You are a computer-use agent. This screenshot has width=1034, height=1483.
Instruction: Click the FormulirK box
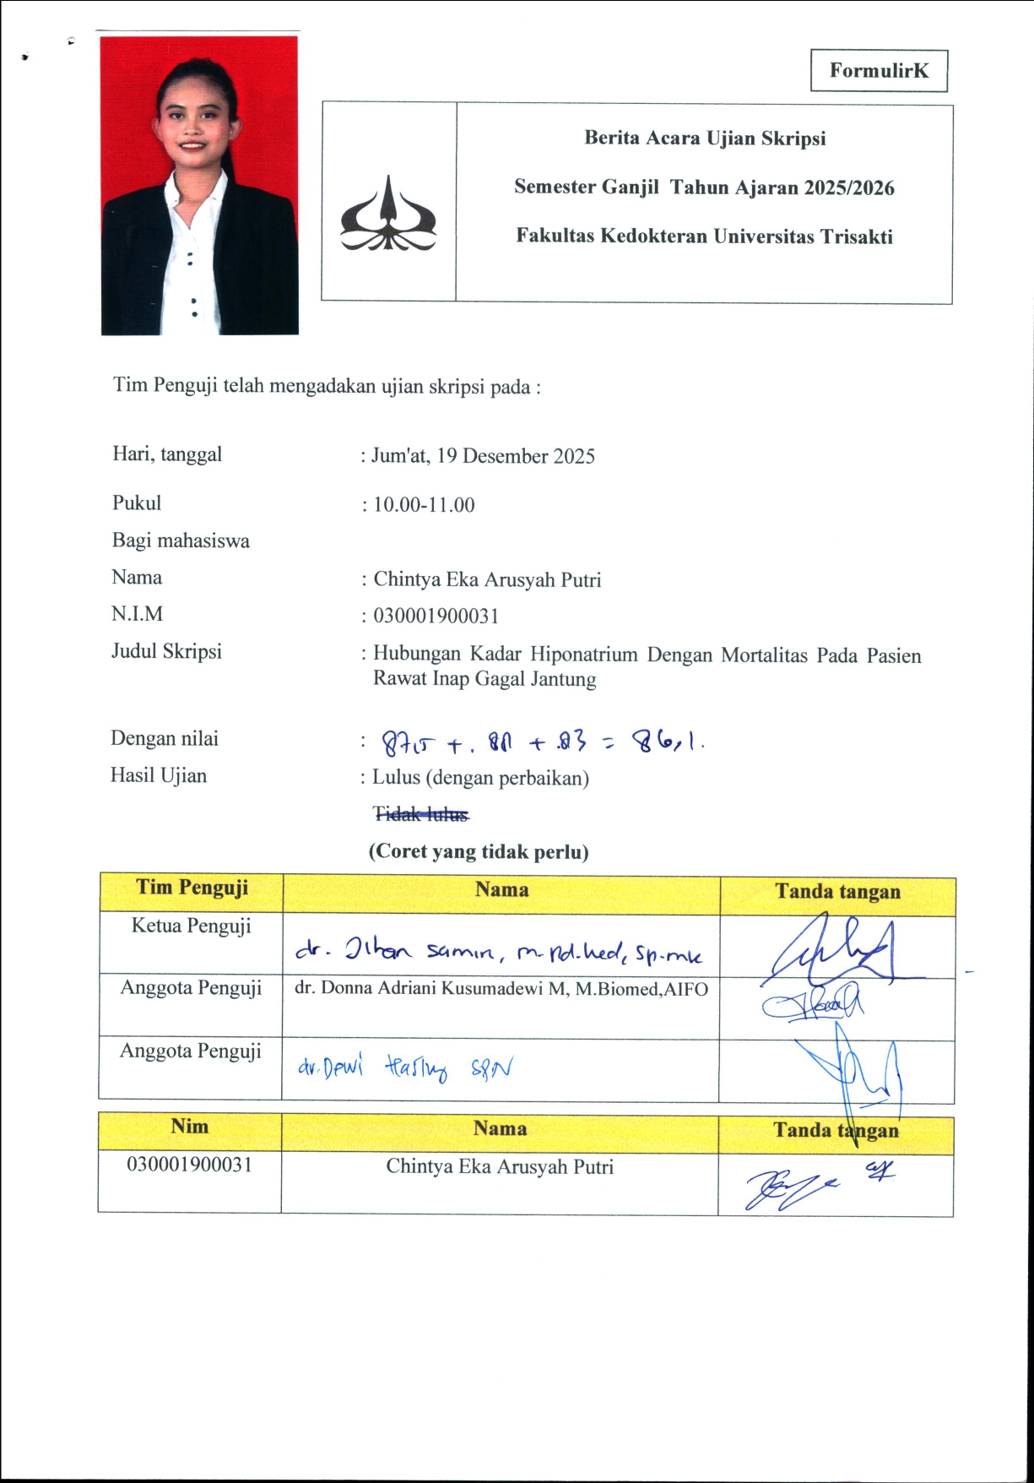coord(879,71)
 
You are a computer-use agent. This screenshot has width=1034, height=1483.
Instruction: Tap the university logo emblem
coord(387,215)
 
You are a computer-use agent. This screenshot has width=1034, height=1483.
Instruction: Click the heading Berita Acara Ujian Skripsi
coord(705,139)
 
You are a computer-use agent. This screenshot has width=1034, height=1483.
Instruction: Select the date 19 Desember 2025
coord(516,457)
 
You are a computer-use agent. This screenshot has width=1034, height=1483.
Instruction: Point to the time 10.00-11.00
coord(424,505)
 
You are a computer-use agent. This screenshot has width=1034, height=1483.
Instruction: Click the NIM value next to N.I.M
coord(436,617)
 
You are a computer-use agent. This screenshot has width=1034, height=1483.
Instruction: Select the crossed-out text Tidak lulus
coord(420,814)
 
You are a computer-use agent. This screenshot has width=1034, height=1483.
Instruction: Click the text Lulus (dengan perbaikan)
coord(480,778)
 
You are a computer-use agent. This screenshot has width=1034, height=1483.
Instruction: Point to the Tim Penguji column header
coord(192,888)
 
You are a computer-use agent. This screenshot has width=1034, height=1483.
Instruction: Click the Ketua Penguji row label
coord(192,926)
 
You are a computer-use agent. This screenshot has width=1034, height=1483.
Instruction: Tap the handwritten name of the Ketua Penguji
coord(498,953)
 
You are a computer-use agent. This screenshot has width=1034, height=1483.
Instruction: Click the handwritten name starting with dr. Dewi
coord(404,1068)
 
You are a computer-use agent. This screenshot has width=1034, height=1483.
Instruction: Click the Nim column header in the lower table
coord(189,1127)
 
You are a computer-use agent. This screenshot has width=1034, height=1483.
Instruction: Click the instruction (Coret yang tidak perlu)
coord(479,851)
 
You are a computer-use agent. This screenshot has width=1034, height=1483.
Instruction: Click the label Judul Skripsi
coord(167,652)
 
